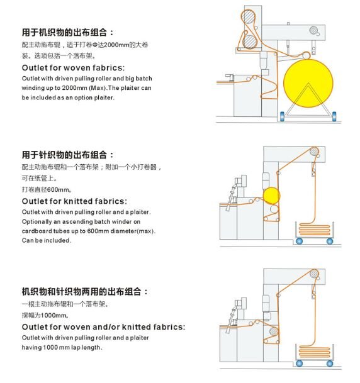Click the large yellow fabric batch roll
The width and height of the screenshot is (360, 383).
pyautogui.click(x=308, y=83)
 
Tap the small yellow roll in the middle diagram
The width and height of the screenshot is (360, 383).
pyautogui.click(x=271, y=196)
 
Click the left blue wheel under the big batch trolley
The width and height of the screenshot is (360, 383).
pyautogui.click(x=282, y=116)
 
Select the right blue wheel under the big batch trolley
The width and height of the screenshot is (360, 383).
pyautogui.click(x=334, y=116)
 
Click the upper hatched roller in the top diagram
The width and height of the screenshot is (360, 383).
pyautogui.click(x=248, y=16)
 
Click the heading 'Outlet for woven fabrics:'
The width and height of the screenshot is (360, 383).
pyautogui.click(x=73, y=68)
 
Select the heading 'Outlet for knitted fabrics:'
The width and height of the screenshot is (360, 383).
pyautogui.click(x=74, y=201)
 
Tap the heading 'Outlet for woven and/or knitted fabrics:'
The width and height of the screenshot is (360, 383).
pyautogui.click(x=103, y=327)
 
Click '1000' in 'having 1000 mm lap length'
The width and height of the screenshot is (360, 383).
pyautogui.click(x=50, y=347)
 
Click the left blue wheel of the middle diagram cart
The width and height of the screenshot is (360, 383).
pyautogui.click(x=299, y=241)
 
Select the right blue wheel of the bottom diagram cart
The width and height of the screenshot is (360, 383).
pyautogui.click(x=330, y=364)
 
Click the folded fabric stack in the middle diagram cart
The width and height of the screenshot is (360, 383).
pyautogui.click(x=315, y=230)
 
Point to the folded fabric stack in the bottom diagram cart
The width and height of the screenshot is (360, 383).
pyautogui.click(x=315, y=352)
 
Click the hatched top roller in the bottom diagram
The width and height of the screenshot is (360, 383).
pyautogui.click(x=314, y=274)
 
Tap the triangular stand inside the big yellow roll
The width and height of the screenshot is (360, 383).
pyautogui.click(x=308, y=99)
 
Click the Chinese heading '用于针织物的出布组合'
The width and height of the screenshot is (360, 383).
pyautogui.click(x=64, y=155)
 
